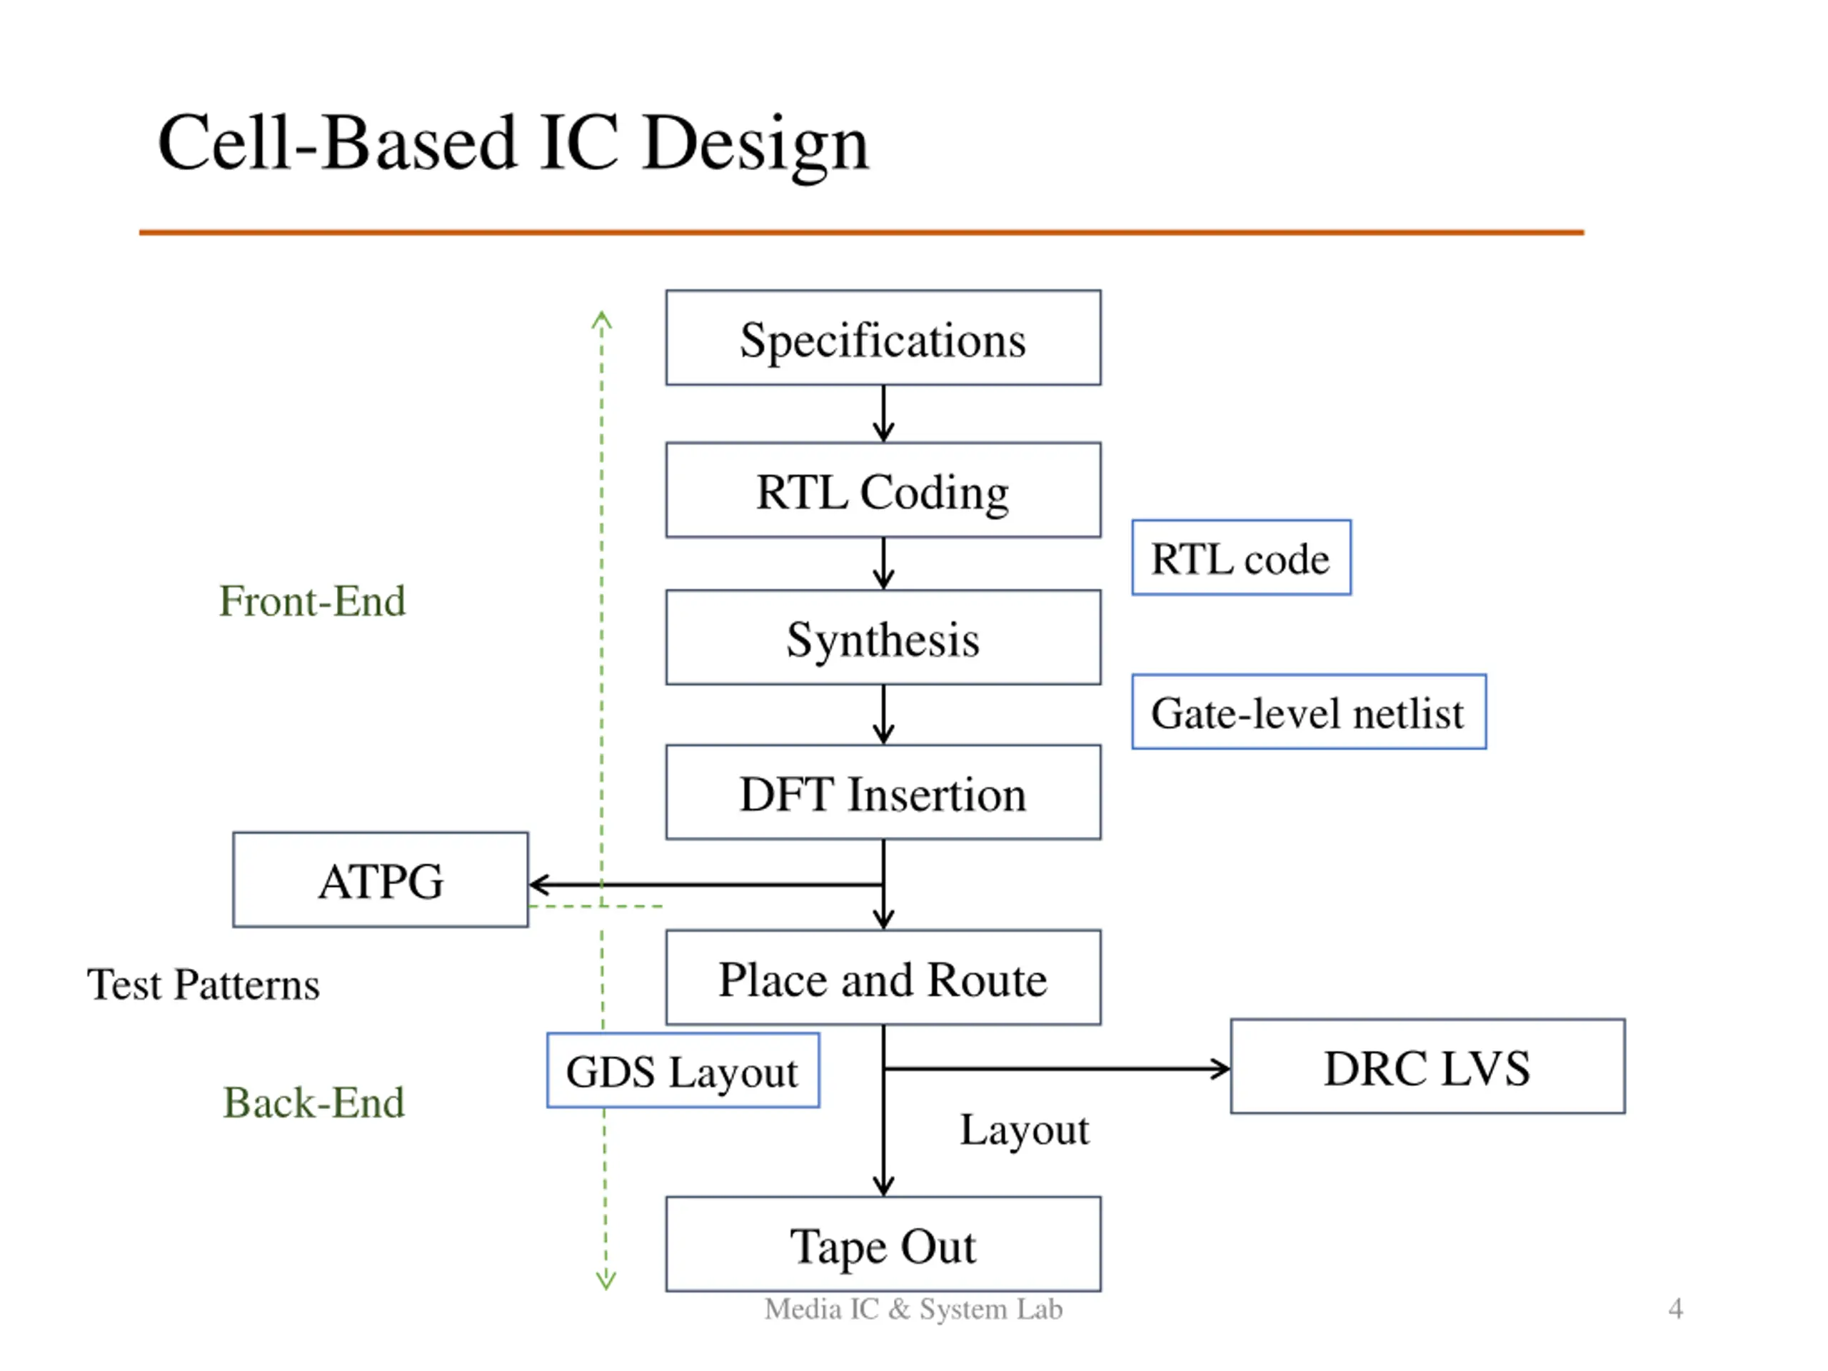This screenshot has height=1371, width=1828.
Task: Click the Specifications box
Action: pos(883,338)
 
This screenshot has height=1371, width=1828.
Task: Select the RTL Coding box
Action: pos(883,490)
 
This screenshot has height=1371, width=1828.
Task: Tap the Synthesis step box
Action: pos(883,637)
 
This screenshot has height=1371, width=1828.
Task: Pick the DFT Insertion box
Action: pos(883,793)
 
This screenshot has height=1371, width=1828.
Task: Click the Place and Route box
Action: pos(883,978)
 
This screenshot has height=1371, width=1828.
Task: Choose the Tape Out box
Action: pos(883,1244)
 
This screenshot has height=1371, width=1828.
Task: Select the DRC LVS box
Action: pos(1427,1066)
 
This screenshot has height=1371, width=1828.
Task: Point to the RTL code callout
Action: pos(1241,557)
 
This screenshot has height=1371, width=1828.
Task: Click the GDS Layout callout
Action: pos(683,1070)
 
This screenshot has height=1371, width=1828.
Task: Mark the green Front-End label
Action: pos(312,601)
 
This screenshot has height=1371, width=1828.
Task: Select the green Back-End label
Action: pos(314,1103)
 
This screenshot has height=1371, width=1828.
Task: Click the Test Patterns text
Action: pos(204,984)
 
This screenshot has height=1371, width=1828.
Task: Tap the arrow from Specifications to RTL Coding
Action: pos(883,414)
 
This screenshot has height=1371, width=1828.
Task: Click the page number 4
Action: pos(1675,1308)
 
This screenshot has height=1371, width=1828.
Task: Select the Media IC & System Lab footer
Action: pos(913,1309)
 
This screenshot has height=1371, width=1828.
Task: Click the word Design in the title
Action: pos(755,145)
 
